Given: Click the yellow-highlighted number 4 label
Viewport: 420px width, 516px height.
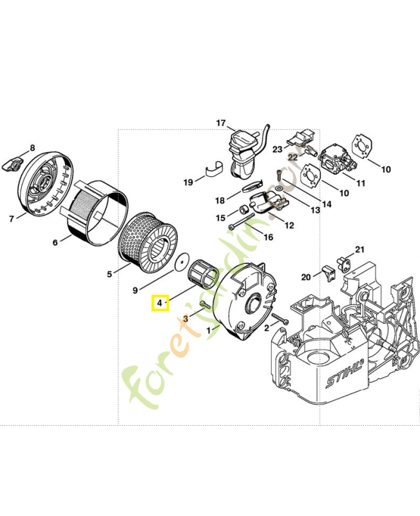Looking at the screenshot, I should pos(160,303).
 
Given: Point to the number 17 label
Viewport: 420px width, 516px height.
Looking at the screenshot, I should pos(221,123).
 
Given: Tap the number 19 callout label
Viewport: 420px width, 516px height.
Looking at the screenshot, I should pos(187,183).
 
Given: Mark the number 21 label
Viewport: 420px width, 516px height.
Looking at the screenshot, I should pos(359,250).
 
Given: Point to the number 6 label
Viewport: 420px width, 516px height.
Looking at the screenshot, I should pos(55,243).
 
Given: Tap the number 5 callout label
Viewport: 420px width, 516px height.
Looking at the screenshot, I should pos(110,274).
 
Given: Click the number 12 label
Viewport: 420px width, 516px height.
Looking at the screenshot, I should pos(289,225).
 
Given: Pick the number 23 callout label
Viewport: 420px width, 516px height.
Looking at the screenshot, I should pos(277,149).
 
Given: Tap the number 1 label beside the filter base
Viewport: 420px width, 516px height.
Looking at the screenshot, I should pos(208,330).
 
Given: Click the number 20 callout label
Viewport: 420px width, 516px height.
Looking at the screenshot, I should pos(305,277).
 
